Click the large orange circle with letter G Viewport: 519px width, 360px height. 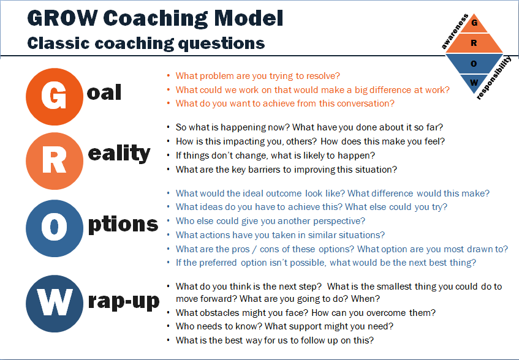click(x=55, y=97)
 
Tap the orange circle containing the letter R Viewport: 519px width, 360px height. click(x=55, y=161)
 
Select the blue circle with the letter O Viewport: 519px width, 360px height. click(x=55, y=228)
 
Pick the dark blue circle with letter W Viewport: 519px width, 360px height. click(x=55, y=304)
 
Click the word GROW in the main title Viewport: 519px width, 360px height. click(x=63, y=18)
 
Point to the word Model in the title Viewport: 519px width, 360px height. click(x=249, y=18)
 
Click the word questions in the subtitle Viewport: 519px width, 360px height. click(x=221, y=44)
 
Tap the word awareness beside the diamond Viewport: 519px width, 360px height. click(x=455, y=31)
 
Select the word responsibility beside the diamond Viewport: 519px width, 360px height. click(x=494, y=78)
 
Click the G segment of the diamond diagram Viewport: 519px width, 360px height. click(x=474, y=24)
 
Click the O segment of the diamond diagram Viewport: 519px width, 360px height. click(x=474, y=64)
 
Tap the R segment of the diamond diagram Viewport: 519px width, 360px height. click(x=474, y=43)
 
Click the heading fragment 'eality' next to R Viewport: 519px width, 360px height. click(x=119, y=154)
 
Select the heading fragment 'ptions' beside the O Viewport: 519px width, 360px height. click(x=123, y=225)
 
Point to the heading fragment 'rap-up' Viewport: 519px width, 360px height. click(x=124, y=302)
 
